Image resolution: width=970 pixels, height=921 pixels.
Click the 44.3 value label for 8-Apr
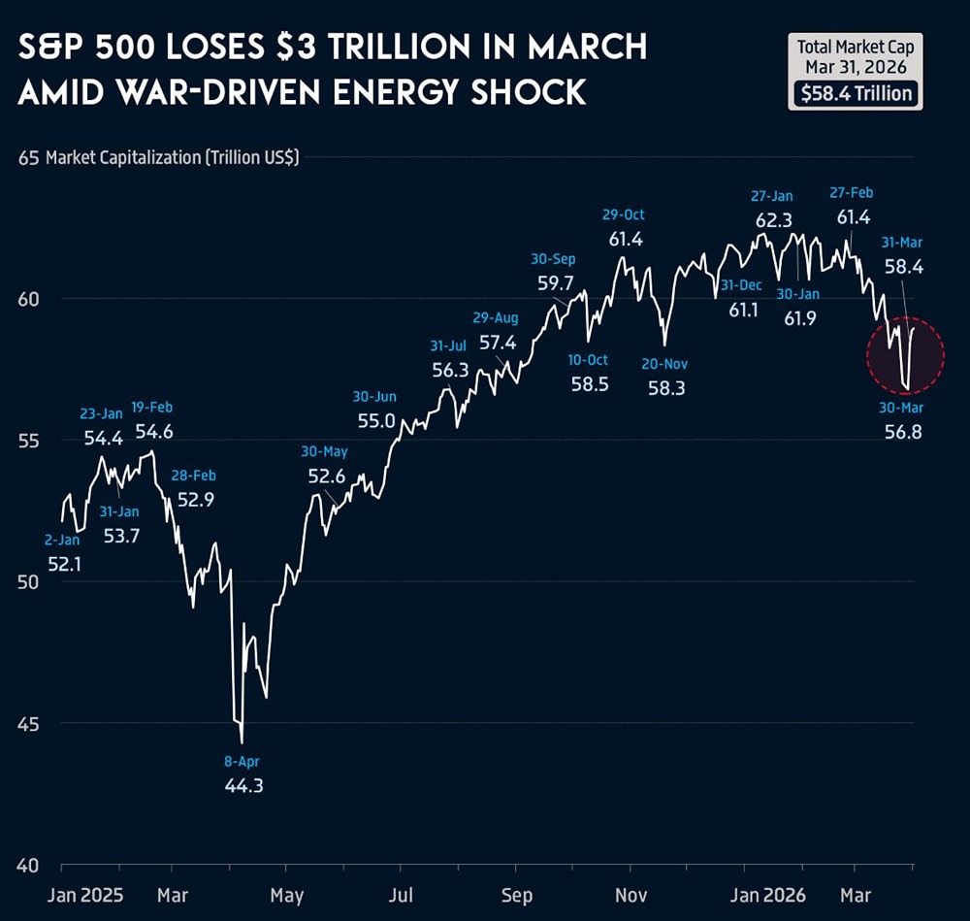click(x=243, y=785)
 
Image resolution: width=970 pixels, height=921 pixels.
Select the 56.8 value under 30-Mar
click(x=902, y=431)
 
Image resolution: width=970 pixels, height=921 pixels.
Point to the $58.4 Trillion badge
click(x=854, y=93)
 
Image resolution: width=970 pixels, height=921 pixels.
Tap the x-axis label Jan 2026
click(x=775, y=894)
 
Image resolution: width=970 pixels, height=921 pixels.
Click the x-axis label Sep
click(x=518, y=894)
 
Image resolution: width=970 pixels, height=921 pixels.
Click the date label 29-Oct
click(x=624, y=214)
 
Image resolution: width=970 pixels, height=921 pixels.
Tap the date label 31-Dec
click(x=742, y=285)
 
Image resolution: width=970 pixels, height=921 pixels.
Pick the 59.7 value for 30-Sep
click(x=556, y=283)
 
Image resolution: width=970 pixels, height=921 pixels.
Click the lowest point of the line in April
click(x=242, y=742)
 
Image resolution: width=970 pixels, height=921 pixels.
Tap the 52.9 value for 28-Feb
click(x=194, y=500)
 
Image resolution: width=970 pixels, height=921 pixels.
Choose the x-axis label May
click(x=287, y=894)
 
